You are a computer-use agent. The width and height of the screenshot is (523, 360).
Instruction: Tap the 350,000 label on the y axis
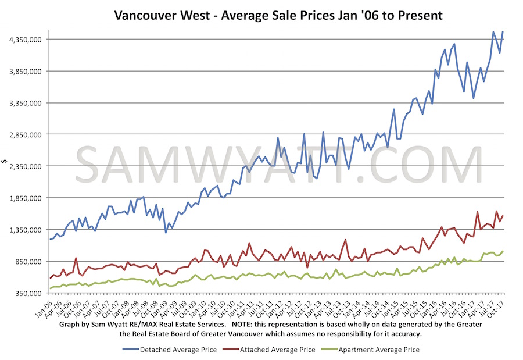click(27, 293)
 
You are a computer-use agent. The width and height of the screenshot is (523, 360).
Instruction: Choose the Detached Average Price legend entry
click(170, 350)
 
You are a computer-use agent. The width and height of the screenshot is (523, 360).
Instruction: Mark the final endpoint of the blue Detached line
click(503, 31)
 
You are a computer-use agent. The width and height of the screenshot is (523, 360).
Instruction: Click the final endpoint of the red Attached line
click(503, 216)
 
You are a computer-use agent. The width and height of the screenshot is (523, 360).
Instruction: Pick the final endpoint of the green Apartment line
click(503, 251)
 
